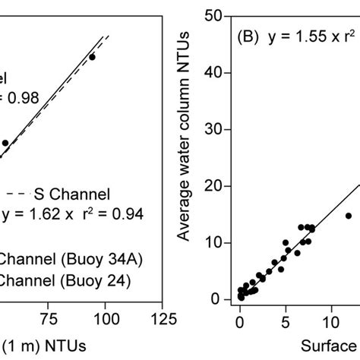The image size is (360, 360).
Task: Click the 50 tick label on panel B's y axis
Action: [215, 16]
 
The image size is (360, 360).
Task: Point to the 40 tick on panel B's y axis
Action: [215, 73]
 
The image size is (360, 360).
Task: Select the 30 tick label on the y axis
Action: [215, 129]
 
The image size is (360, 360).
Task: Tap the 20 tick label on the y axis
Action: [215, 186]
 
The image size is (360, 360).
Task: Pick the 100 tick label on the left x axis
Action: [105, 317]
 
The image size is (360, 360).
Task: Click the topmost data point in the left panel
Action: [92, 56]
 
